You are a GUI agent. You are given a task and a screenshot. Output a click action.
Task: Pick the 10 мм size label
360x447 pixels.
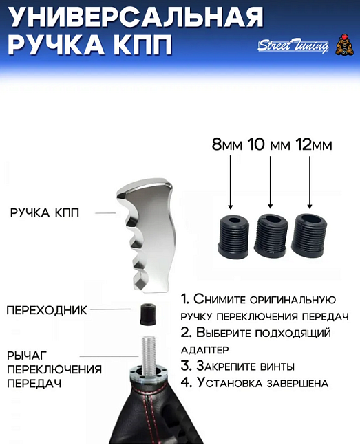(268, 145)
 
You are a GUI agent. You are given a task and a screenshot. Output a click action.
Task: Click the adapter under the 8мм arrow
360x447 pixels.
(232, 236)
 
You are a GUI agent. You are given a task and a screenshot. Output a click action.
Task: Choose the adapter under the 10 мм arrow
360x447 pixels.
(270, 235)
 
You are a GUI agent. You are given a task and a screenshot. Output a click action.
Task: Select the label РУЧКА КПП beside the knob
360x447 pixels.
(45, 212)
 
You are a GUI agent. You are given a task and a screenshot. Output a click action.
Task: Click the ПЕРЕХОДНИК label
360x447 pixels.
(47, 310)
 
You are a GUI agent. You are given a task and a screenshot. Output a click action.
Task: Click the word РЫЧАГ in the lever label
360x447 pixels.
(27, 356)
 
